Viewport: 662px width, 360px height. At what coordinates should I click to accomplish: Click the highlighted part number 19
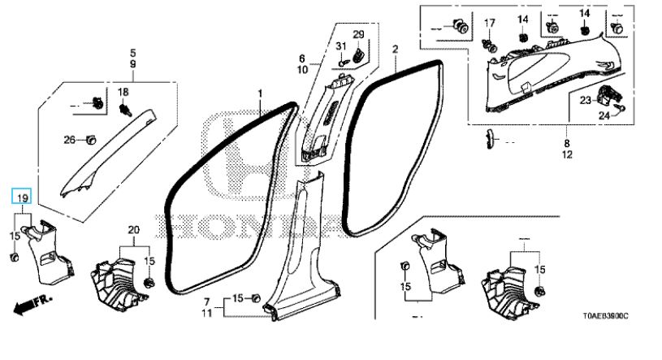pyautogui.click(x=23, y=198)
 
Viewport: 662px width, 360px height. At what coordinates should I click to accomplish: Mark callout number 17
pyautogui.click(x=490, y=23)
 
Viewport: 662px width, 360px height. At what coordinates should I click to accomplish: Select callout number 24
pyautogui.click(x=604, y=116)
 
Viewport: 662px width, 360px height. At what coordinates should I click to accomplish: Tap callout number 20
pyautogui.click(x=133, y=231)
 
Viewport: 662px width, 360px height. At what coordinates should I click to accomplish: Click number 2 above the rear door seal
pyautogui.click(x=395, y=50)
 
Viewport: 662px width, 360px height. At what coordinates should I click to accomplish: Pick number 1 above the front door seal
pyautogui.click(x=261, y=95)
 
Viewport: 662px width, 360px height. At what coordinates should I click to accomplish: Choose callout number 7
pyautogui.click(x=207, y=301)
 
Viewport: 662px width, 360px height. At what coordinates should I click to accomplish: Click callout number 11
pyautogui.click(x=207, y=313)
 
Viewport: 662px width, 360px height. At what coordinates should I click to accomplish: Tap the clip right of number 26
pyautogui.click(x=91, y=140)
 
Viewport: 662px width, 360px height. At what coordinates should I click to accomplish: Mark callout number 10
pyautogui.click(x=301, y=71)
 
